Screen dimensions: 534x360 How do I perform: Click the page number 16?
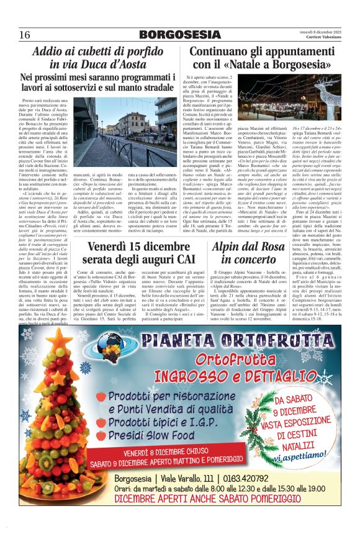(25, 35)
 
